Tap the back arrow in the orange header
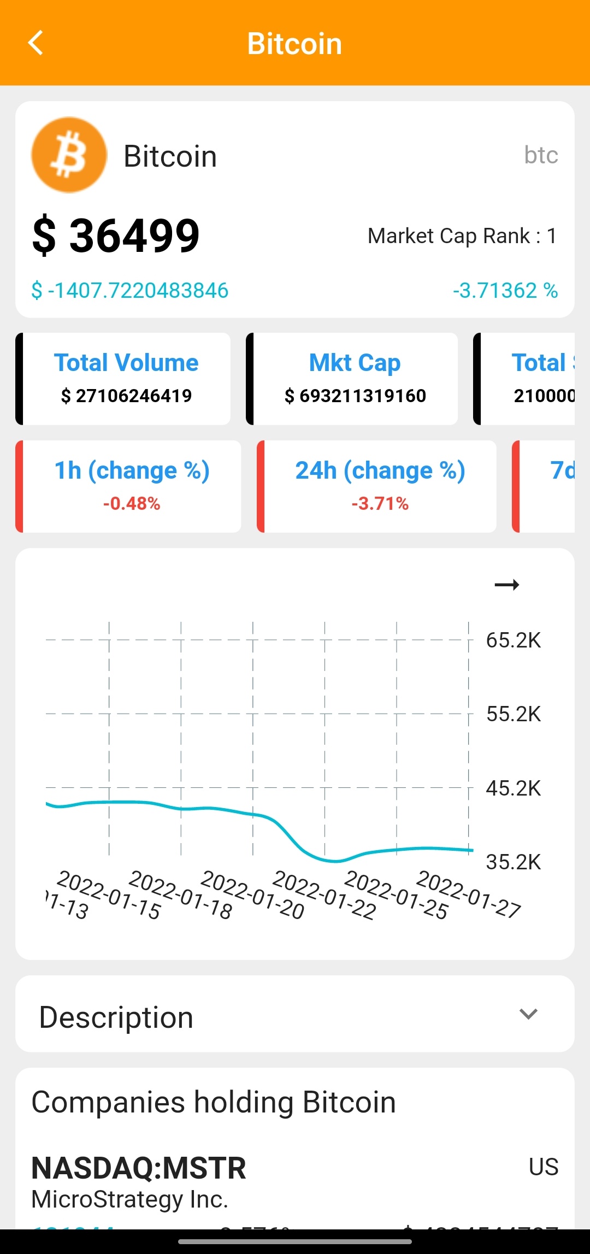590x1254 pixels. [x=36, y=43]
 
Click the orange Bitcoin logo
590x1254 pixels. [x=69, y=155]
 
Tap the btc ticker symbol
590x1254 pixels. [x=541, y=155]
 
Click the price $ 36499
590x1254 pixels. [x=116, y=236]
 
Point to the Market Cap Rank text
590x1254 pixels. [x=462, y=236]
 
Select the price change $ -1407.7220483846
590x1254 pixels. [x=130, y=290]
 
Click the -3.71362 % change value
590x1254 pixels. [x=505, y=290]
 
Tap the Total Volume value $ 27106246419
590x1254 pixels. [x=126, y=396]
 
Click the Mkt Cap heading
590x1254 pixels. [x=355, y=363]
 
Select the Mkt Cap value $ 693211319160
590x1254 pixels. [x=355, y=396]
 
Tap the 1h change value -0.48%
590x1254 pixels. [x=132, y=503]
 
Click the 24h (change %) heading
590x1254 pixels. [x=380, y=470]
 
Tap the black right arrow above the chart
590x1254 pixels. [x=506, y=585]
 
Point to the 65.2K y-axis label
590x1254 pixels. [x=513, y=640]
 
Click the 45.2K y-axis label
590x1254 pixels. [x=513, y=788]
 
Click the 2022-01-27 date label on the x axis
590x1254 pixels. [x=469, y=894]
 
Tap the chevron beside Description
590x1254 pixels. [x=528, y=1014]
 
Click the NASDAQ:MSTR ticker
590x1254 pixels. [x=139, y=1168]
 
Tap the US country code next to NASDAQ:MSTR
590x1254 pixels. [x=543, y=1167]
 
